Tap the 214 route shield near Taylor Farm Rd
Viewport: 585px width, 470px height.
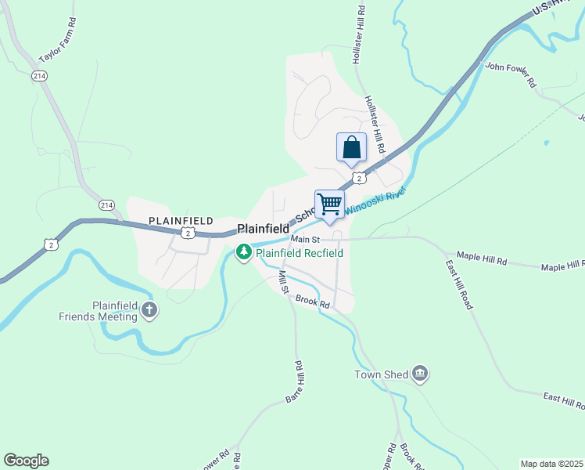click(39, 75)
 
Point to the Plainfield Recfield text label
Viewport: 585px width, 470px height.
click(300, 253)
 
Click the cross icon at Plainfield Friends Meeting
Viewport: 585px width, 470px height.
click(149, 312)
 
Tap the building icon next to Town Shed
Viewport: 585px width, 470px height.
click(420, 374)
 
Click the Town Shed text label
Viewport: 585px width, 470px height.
click(382, 374)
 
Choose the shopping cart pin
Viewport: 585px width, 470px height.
click(330, 205)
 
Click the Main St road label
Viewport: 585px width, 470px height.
click(306, 239)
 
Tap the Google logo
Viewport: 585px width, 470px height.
click(26, 461)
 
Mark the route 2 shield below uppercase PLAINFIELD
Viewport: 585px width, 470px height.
click(186, 233)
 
